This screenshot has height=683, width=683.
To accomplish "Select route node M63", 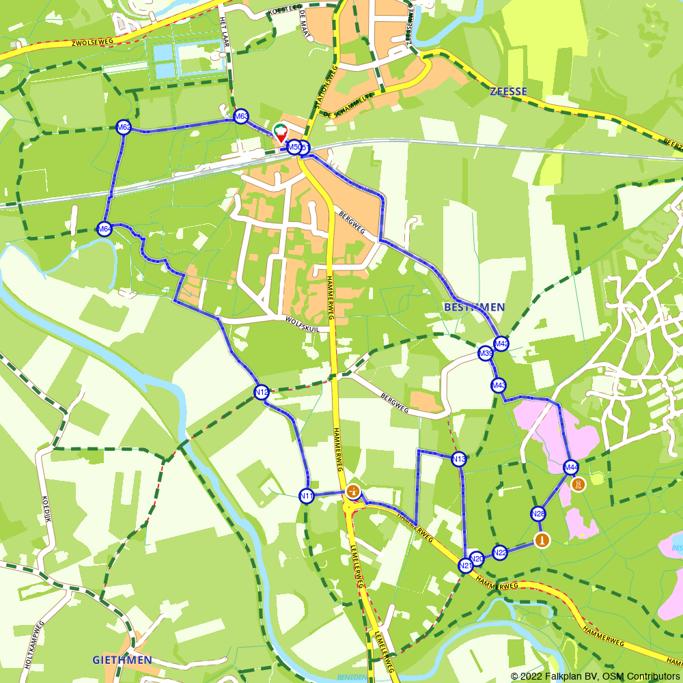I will coord(240,117).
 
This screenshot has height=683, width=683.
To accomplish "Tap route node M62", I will coord(124,128).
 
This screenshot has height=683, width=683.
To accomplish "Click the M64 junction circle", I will coord(104,229).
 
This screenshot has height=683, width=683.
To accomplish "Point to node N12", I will coord(261,392).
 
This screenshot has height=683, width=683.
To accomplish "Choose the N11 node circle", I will coord(307,496).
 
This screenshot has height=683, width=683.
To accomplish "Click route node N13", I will coord(459,459).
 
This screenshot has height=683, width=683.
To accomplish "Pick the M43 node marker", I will coord(499,386).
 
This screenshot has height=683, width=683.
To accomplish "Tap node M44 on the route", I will coord(571,468).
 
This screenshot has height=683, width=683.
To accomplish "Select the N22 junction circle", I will coord(500,553).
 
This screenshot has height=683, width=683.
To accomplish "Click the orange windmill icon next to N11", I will coord(353,490).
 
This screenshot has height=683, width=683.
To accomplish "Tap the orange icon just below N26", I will coord(542,540).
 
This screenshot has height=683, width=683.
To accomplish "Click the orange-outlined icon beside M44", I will coord(579,484).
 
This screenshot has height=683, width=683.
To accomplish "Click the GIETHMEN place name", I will coord(122,660).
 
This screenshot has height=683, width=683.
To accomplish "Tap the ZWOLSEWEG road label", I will coord(92,43).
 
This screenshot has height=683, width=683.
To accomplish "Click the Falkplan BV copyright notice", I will coord(595,676).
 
